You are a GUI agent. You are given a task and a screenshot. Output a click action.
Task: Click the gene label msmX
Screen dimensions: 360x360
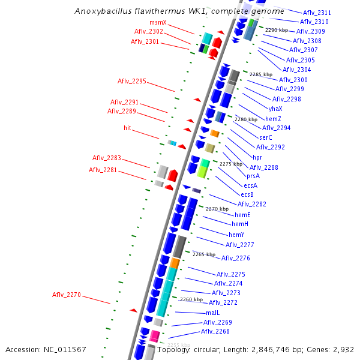pyautogui.click(x=158, y=23)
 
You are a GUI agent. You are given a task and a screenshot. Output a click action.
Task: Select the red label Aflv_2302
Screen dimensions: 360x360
pyautogui.click(x=148, y=32)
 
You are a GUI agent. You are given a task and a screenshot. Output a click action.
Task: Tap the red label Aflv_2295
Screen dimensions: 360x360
pyautogui.click(x=131, y=81)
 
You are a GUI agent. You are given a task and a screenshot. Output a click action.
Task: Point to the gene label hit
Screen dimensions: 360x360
pyautogui.click(x=127, y=128)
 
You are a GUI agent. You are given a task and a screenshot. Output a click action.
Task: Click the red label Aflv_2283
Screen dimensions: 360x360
pyautogui.click(x=106, y=158)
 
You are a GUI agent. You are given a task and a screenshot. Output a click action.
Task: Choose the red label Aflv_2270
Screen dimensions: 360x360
pyautogui.click(x=66, y=295)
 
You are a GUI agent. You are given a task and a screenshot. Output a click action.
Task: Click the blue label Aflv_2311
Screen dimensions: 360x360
pyautogui.click(x=317, y=13)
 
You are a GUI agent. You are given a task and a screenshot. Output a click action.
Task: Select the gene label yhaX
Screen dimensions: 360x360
pyautogui.click(x=275, y=109)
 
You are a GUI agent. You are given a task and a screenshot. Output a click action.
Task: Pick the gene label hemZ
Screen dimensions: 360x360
pyautogui.click(x=272, y=118)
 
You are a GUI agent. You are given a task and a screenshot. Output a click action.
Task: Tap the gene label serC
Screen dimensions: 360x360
pyautogui.click(x=266, y=137)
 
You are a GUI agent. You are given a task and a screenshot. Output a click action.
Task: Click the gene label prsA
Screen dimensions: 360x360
pyautogui.click(x=253, y=176)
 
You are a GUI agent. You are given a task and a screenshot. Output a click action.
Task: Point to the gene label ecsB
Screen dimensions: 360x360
pyautogui.click(x=247, y=194)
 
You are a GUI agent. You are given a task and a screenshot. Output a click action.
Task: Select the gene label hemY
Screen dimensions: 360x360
pyautogui.click(x=236, y=235)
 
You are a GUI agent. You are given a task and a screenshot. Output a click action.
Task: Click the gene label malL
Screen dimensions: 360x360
pyautogui.click(x=213, y=313)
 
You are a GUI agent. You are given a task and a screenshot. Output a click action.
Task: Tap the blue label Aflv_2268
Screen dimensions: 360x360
pyautogui.click(x=215, y=331)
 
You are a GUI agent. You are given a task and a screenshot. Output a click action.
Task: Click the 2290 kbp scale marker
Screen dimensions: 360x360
pyautogui.click(x=277, y=30)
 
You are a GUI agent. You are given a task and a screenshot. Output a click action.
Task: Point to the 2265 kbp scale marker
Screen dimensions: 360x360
pyautogui.click(x=204, y=254)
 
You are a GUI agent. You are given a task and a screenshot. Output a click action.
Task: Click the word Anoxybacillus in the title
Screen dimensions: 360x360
pyautogui.click(x=106, y=11)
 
